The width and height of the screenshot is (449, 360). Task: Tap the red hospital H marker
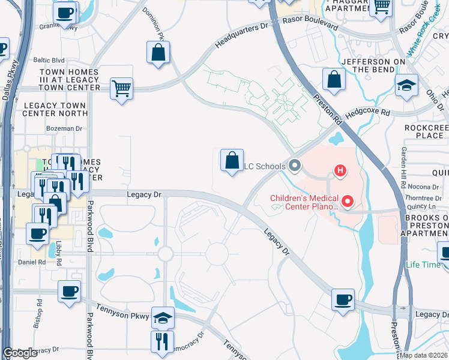click(340, 171)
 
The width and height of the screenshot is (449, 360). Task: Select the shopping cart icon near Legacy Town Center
click(121, 89)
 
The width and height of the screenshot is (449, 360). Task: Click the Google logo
click(20, 353)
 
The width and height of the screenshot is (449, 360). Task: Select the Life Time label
click(423, 265)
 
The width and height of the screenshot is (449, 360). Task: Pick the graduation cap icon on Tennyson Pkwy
click(163, 318)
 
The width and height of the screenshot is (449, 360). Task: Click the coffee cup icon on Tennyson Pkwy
click(69, 292)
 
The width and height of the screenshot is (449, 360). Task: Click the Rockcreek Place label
click(424, 131)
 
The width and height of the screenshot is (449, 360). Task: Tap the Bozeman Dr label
click(64, 128)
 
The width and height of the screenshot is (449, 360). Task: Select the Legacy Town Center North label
click(55, 109)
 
